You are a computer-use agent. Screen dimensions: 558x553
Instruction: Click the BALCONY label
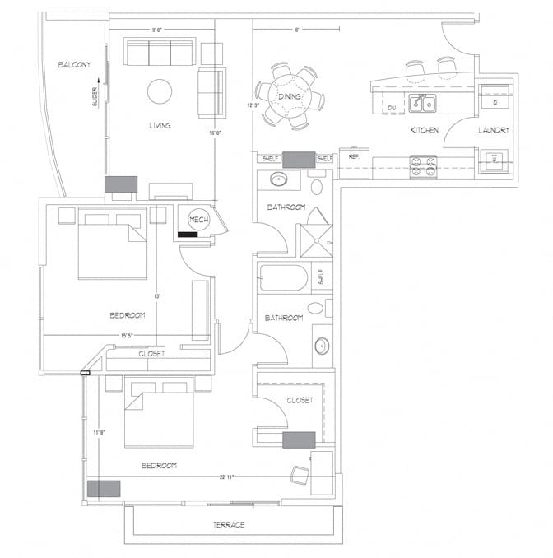coord(74,64)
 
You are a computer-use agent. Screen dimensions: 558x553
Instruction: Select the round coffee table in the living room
coord(160,91)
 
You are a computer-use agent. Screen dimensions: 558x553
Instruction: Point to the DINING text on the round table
coord(289,97)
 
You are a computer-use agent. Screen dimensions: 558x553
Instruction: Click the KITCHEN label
coord(425,130)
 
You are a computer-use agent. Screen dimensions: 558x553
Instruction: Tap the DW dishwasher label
coord(393,108)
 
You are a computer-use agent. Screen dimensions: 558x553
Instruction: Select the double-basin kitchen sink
coord(424,104)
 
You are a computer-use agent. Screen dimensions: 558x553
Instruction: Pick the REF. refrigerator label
coord(353,156)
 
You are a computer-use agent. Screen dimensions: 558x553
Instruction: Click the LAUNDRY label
coord(494,130)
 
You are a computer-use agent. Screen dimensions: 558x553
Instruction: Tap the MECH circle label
coord(198,220)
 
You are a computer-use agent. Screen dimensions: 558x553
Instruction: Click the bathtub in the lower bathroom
coord(283,277)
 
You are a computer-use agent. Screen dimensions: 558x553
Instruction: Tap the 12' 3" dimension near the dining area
coord(252,105)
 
